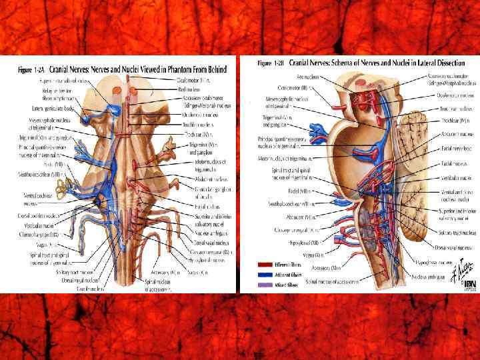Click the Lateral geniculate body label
pyautogui.click(x=51, y=107)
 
